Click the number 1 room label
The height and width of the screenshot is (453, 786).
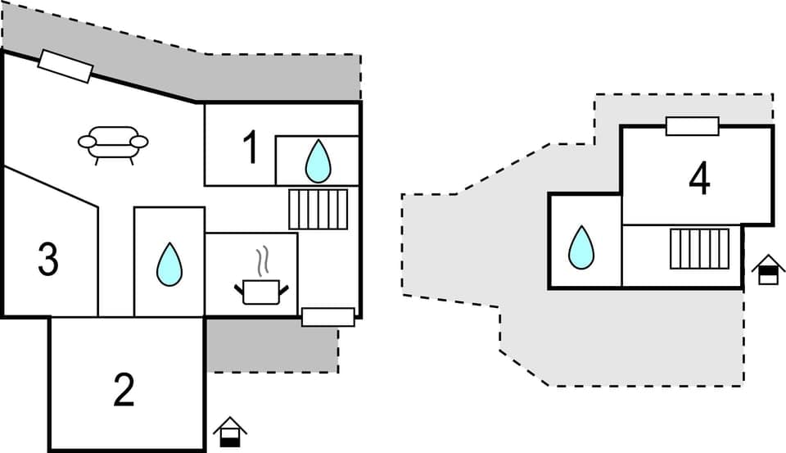[x=251, y=147]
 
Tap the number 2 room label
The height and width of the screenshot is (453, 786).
[x=124, y=391]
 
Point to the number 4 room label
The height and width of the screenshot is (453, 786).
[x=698, y=180]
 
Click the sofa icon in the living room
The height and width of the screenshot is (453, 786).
[x=113, y=143]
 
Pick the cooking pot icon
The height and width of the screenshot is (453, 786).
[x=262, y=291]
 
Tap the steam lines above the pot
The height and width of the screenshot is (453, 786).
[x=262, y=262]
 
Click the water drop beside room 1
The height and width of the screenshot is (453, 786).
[x=318, y=161]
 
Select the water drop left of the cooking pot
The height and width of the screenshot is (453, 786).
[x=169, y=265]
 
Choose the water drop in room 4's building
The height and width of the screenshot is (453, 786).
[x=581, y=247]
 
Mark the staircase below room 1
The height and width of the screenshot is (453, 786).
[x=318, y=209]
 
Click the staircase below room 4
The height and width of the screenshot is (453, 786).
[x=699, y=248]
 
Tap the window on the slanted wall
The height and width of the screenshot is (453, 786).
[x=65, y=66]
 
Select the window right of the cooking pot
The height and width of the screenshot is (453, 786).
[x=327, y=317]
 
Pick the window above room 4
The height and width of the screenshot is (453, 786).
[x=692, y=126]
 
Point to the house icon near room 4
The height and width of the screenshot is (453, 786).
[x=768, y=270]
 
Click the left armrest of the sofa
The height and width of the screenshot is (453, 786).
[x=87, y=142]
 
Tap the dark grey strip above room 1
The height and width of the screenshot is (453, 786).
[x=278, y=78]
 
